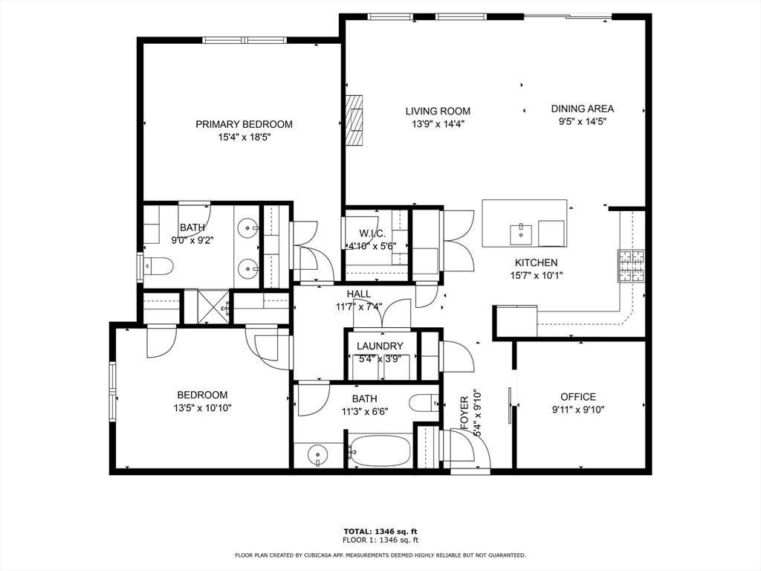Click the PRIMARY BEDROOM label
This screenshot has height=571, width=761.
244,124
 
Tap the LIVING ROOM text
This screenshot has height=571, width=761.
438,112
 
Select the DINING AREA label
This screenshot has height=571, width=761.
583,109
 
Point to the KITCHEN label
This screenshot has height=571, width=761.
537,262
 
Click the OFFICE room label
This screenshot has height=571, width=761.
578,397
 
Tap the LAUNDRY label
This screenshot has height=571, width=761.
380,346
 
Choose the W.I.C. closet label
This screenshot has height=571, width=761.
373,234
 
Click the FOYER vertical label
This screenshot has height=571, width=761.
464,413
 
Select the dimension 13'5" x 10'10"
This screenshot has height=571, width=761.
202,408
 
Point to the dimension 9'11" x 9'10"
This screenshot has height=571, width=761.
578,410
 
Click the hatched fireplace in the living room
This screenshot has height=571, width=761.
354,120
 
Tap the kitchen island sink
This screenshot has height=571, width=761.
521,236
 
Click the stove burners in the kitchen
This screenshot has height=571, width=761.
632,265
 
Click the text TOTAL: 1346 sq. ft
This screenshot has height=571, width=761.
380,532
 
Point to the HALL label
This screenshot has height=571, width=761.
359,294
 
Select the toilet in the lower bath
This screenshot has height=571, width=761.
424,403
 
